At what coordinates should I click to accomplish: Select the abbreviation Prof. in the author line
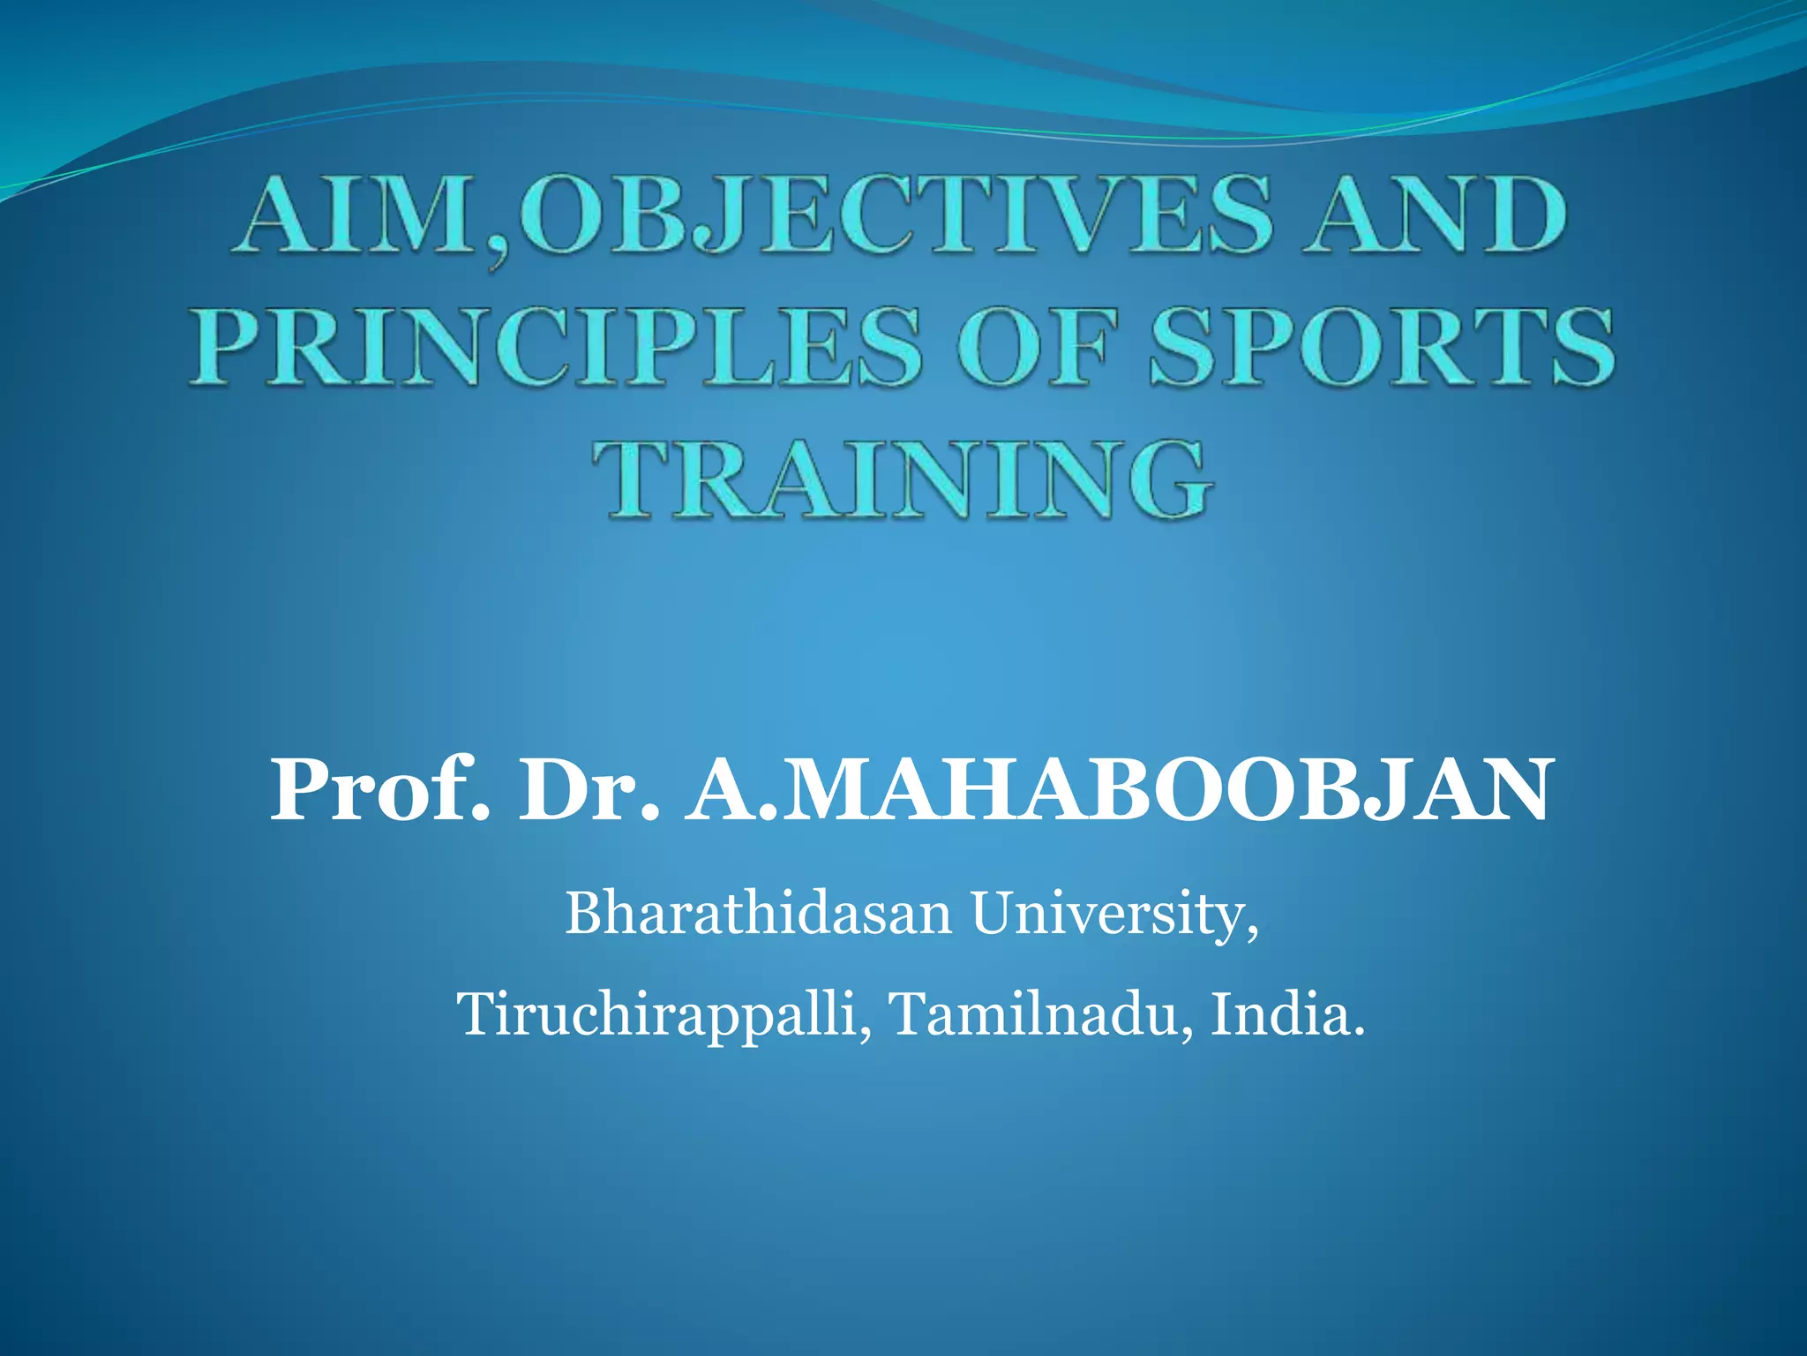379,789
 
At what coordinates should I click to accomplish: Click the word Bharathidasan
758,914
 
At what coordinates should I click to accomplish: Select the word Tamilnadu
1034,1014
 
